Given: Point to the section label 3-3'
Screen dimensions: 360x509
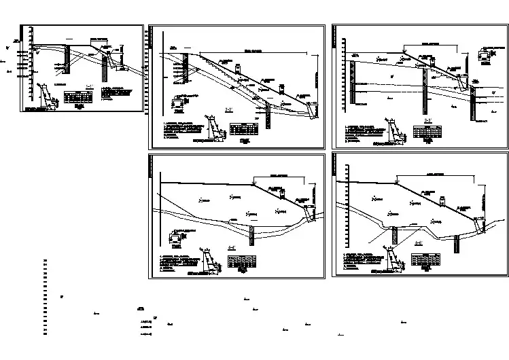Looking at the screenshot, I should (x=428, y=121).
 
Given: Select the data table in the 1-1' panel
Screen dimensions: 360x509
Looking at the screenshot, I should (x=76, y=98).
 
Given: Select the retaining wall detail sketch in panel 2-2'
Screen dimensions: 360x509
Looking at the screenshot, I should (x=215, y=129).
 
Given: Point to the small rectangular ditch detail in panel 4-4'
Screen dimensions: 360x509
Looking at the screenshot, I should (x=177, y=238).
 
